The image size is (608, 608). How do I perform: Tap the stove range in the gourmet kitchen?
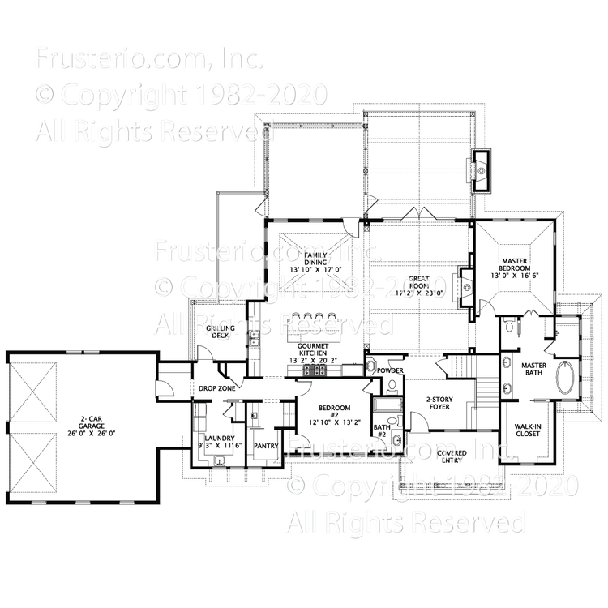pos(315,370)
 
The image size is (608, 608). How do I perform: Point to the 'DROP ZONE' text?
pos(216,389)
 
